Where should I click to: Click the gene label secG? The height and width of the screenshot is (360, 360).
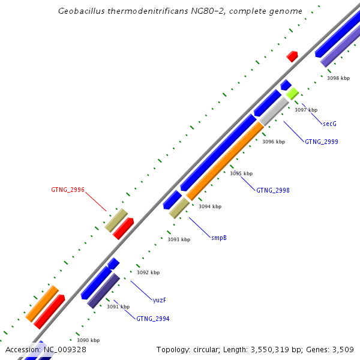[329, 124]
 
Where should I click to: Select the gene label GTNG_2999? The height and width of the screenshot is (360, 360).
[321, 142]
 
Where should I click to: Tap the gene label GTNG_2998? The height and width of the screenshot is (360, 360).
[272, 190]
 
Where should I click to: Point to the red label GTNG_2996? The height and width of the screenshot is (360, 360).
[67, 190]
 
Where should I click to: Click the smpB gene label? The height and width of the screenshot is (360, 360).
[218, 238]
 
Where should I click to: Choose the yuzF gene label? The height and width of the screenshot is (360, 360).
[159, 300]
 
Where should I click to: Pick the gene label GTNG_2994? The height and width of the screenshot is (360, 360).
[152, 319]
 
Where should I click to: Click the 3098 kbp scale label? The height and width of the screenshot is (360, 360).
[338, 78]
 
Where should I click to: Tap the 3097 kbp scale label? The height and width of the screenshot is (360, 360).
[305, 110]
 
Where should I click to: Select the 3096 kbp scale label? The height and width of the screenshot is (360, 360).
[273, 142]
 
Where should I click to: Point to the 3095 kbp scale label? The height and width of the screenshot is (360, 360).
[241, 173]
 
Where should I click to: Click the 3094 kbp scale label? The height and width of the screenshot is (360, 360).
[209, 206]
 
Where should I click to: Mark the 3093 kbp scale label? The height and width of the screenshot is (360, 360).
[178, 239]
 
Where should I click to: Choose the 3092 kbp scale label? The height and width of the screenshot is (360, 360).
[148, 272]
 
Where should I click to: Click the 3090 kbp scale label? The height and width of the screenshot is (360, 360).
[88, 340]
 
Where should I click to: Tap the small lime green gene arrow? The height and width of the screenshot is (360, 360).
[292, 94]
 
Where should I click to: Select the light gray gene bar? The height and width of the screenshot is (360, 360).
[274, 111]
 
